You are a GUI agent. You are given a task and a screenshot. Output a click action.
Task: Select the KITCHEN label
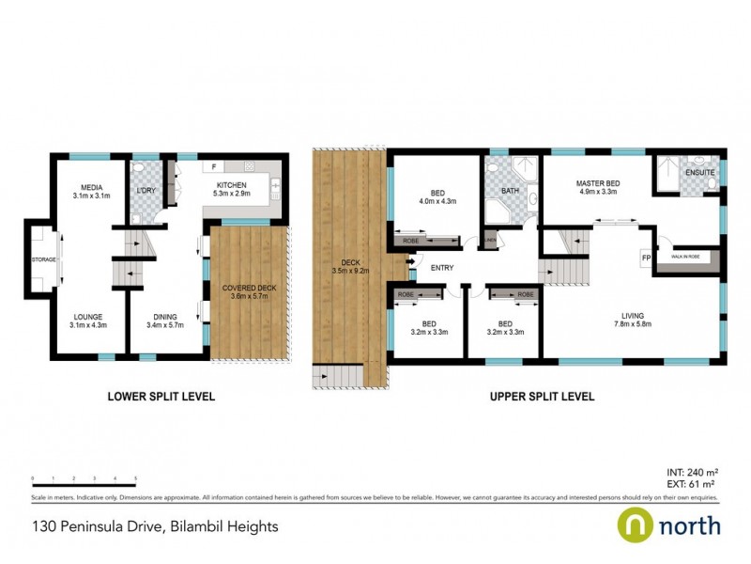click(x=231, y=185)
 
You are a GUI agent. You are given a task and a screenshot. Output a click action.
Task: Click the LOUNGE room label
click(x=85, y=317)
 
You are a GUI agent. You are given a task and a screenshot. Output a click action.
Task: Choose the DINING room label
click(x=165, y=317)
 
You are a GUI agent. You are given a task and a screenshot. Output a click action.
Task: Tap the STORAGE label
click(x=43, y=258)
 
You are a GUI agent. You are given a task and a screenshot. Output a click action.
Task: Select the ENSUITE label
click(x=699, y=173)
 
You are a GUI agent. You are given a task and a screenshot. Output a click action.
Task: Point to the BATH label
click(x=510, y=191)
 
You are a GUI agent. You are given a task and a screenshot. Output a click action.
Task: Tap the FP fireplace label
click(x=646, y=256)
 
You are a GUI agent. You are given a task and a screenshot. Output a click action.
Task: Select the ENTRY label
click(x=442, y=269)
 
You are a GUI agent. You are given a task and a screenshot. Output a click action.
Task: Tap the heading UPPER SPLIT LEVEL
click(x=542, y=397)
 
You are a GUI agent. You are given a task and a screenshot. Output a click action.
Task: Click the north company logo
click(x=668, y=524)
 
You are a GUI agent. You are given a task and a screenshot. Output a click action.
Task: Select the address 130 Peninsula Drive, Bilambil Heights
click(x=155, y=526)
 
